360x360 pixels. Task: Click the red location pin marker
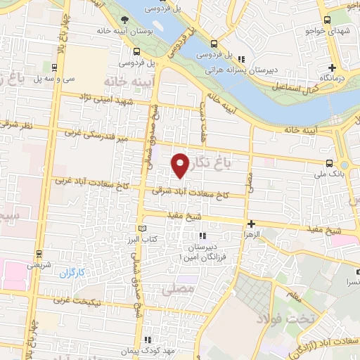pos(181,165)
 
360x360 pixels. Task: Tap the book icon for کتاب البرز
pos(143,229)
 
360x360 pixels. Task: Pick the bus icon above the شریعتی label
pos(39,255)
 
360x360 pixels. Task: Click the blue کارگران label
pos(71,271)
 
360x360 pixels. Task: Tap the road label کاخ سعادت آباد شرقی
pos(196,192)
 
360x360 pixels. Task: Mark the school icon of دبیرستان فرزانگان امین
pos(204,237)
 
